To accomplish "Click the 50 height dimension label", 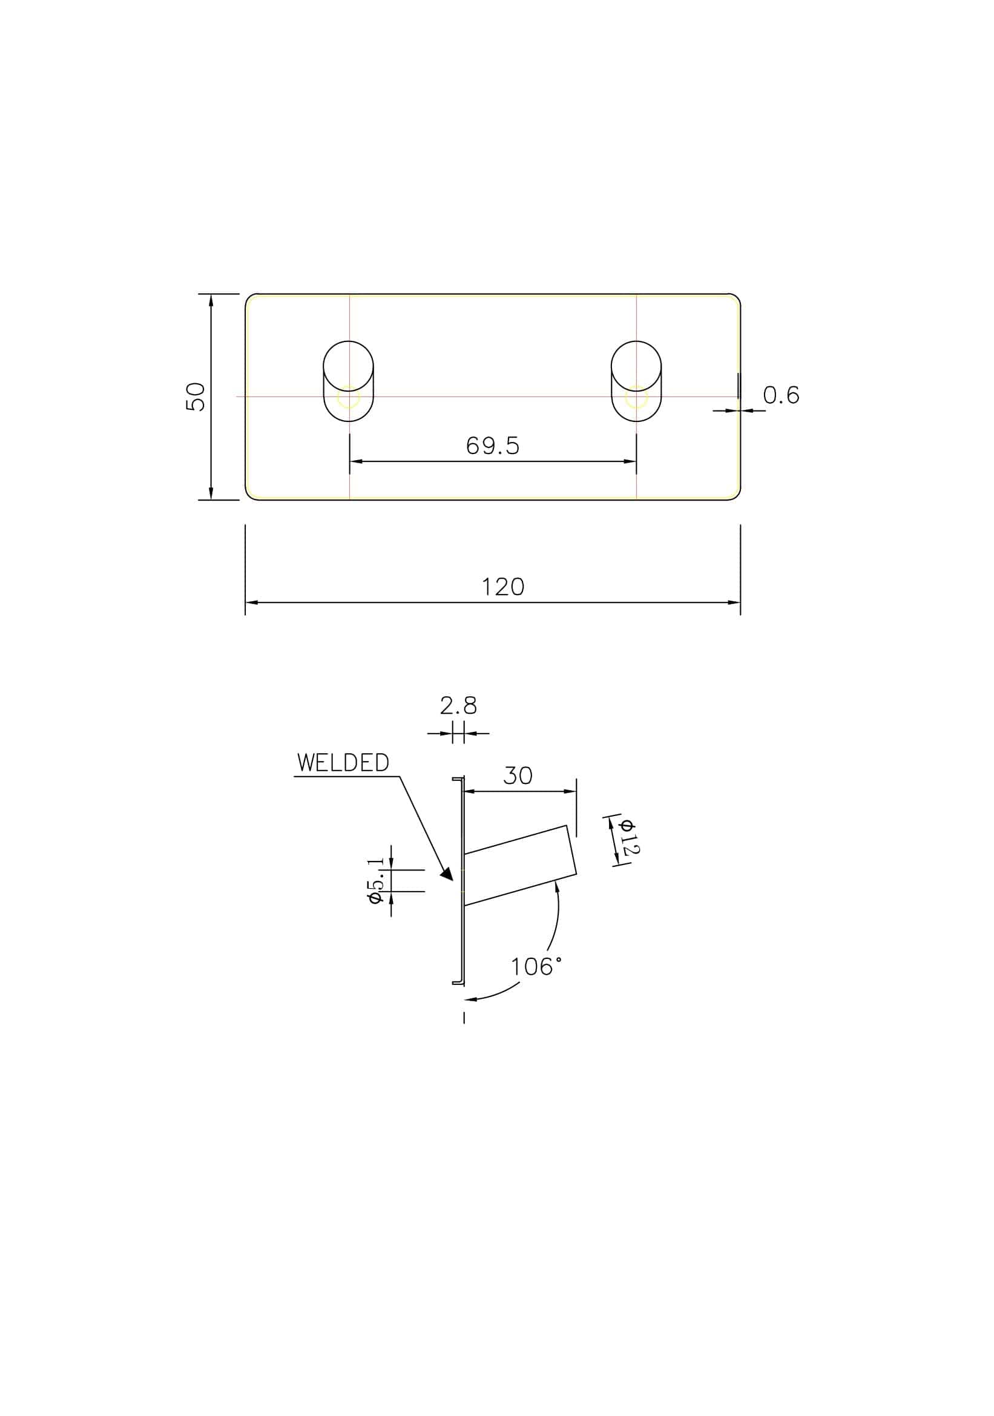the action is pyautogui.click(x=196, y=397).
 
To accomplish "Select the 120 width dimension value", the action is pyautogui.click(x=502, y=587).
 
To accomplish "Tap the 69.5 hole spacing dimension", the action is pyautogui.click(x=493, y=446).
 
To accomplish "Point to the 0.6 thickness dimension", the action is pyautogui.click(x=782, y=395).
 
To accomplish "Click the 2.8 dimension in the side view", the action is pyautogui.click(x=458, y=705).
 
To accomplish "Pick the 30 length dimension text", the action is pyautogui.click(x=518, y=776).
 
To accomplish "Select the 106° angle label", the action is pyautogui.click(x=536, y=966).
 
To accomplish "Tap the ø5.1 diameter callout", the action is pyautogui.click(x=377, y=882).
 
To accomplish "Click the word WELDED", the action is pyautogui.click(x=343, y=763).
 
